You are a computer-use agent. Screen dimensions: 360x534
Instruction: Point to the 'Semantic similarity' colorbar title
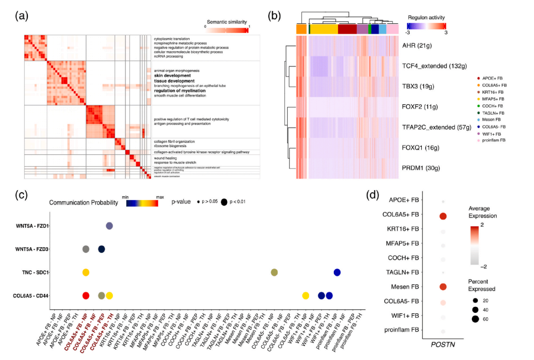click(227, 21)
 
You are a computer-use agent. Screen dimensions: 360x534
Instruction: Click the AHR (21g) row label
click(420, 46)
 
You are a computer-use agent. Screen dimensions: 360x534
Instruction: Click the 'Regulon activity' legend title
click(426, 16)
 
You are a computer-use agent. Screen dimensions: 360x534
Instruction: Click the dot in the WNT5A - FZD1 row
click(109, 226)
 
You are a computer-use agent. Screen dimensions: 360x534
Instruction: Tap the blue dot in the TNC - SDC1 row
click(337, 272)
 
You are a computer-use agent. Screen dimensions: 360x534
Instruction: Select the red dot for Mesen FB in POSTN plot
click(443, 287)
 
